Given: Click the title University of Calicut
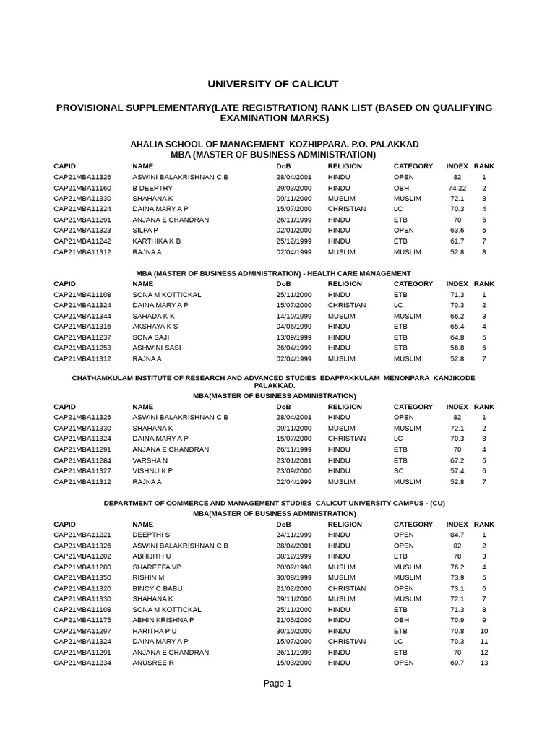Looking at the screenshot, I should pyautogui.click(x=273, y=85).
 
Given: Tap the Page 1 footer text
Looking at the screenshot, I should pyautogui.click(x=277, y=684).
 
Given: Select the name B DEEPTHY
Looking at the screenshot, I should pyautogui.click(x=152, y=188).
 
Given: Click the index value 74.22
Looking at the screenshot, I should pyautogui.click(x=457, y=188).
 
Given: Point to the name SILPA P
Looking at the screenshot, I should pyautogui.click(x=145, y=231).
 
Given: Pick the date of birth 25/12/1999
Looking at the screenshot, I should pyautogui.click(x=294, y=241).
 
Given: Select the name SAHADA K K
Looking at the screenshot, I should pyautogui.click(x=153, y=316).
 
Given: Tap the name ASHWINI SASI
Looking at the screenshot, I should pyautogui.click(x=156, y=348).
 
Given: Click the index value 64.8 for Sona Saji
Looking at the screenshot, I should pyautogui.click(x=457, y=337).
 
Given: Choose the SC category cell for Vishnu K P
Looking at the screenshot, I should pyautogui.click(x=398, y=470).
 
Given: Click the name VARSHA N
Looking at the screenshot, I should pyautogui.click(x=150, y=460).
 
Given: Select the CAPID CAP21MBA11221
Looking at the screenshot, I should pyautogui.click(x=82, y=535).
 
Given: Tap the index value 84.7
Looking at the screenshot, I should pyautogui.click(x=457, y=535).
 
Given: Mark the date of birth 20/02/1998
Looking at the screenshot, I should pyautogui.click(x=294, y=567).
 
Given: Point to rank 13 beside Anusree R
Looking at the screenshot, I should pyautogui.click(x=483, y=663).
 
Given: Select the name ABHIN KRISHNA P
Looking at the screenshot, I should pyautogui.click(x=163, y=620).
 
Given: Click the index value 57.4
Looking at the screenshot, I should pyautogui.click(x=457, y=470).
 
